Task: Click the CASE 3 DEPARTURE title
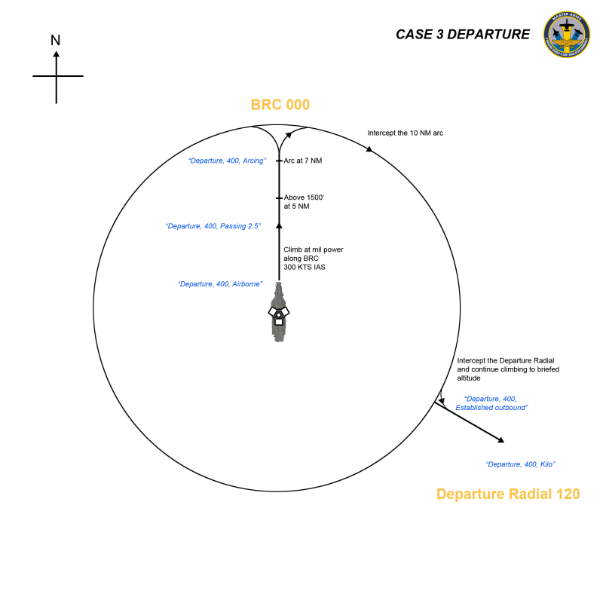(x=463, y=34)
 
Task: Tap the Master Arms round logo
(x=567, y=34)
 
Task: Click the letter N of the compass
(x=55, y=40)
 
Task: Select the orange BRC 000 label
(x=280, y=105)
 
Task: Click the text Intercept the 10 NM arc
(x=405, y=133)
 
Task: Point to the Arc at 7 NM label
(x=303, y=161)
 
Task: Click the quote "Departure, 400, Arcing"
(x=227, y=161)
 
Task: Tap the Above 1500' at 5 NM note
(x=304, y=202)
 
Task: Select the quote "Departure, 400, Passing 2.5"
(x=213, y=226)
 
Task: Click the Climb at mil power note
(x=313, y=259)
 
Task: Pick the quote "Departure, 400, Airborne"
(x=220, y=284)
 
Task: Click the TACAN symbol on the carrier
(x=279, y=315)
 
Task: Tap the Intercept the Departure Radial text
(x=507, y=369)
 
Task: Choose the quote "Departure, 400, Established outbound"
(x=491, y=403)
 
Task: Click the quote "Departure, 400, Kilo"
(x=520, y=464)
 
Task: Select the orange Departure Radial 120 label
(x=508, y=494)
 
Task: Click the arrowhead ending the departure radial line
(x=501, y=440)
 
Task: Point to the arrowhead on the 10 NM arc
(x=369, y=149)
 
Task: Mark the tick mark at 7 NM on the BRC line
(x=279, y=161)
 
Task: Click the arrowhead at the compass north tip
(x=56, y=54)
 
